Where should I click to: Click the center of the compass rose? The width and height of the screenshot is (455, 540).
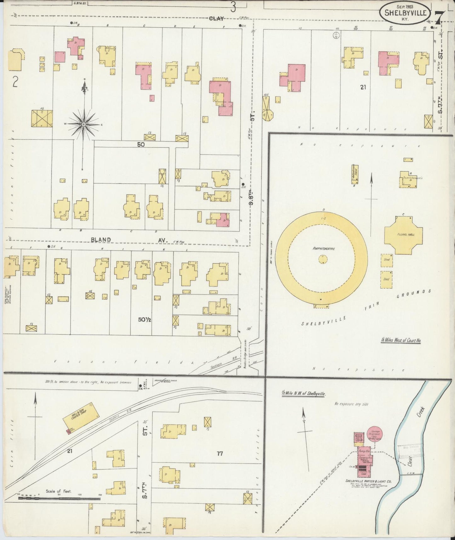[x=84, y=125]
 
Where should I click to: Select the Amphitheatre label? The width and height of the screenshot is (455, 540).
[x=323, y=249]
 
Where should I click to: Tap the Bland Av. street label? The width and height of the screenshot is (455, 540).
[x=101, y=240]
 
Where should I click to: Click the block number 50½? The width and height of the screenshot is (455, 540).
[x=145, y=319]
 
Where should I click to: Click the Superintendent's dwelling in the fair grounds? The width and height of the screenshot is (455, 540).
[x=408, y=179]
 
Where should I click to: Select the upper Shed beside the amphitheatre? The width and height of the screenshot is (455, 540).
[x=386, y=260]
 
